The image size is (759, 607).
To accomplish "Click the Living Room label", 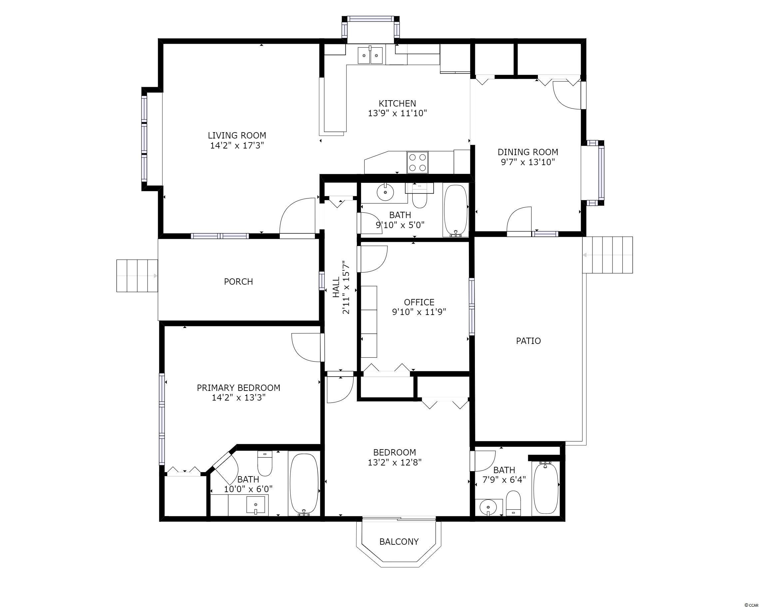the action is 237,136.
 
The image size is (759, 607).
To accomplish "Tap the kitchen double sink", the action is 370,56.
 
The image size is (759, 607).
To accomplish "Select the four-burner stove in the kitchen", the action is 418,162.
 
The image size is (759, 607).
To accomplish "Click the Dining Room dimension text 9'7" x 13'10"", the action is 528,162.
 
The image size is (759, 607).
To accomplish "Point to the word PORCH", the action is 238,281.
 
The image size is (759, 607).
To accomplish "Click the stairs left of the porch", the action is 137,276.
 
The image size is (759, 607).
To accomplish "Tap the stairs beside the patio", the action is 607,255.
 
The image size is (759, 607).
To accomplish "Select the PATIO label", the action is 529,341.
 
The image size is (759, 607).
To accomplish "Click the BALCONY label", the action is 399,541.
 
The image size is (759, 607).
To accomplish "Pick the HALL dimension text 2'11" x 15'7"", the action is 346,287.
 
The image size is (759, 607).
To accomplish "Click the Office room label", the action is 419,302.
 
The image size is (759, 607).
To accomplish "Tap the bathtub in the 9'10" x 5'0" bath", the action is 456,210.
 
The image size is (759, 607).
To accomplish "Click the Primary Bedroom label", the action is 238,388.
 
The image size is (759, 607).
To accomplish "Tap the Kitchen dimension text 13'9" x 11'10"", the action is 397,113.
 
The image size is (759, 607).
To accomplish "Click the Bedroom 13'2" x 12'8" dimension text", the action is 395,462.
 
